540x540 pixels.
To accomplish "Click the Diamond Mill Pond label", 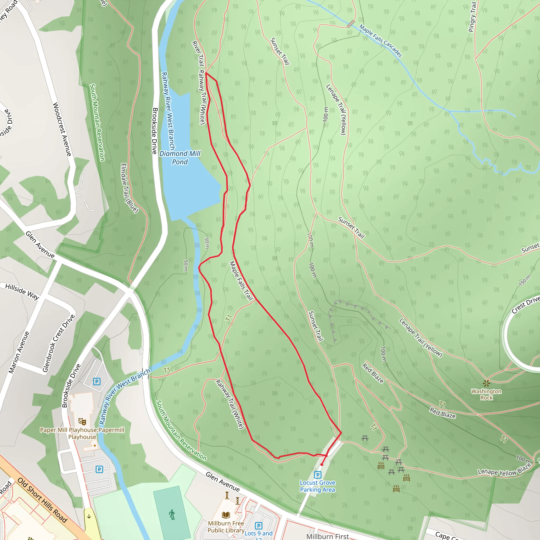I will [180, 158].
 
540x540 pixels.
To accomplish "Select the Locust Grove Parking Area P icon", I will [317, 475].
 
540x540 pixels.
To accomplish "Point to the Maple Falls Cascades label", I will [380, 41].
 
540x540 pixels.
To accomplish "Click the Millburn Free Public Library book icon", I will [226, 515].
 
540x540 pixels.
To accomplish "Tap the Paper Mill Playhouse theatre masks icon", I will [82, 421].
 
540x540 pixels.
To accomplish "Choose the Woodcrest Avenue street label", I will [62, 129].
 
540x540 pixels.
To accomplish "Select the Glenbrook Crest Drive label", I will [59, 343].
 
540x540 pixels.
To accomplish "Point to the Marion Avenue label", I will [19, 352].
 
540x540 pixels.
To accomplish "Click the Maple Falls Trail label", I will [241, 281].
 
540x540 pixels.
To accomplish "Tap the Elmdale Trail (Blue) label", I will [129, 188].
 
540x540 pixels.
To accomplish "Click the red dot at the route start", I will [322, 465].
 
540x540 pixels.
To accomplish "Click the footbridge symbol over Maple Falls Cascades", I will [351, 24].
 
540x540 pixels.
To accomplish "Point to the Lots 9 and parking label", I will [259, 533].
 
